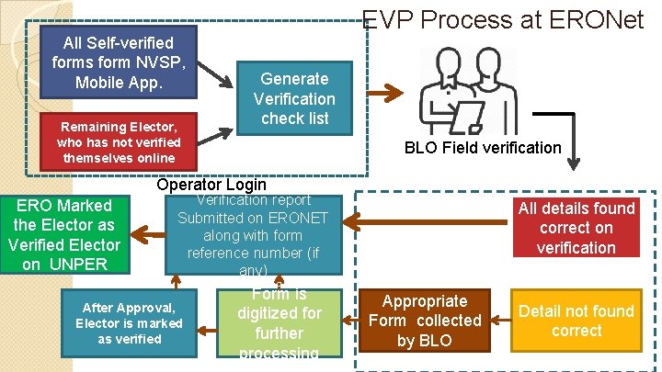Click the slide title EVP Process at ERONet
504,19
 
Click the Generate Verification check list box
294,98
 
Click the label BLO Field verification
483,147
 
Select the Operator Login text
211,185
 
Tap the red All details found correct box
576,228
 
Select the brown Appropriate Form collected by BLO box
425,321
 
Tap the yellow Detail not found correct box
576,321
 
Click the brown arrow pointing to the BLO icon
391,92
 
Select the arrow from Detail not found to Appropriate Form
499,320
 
